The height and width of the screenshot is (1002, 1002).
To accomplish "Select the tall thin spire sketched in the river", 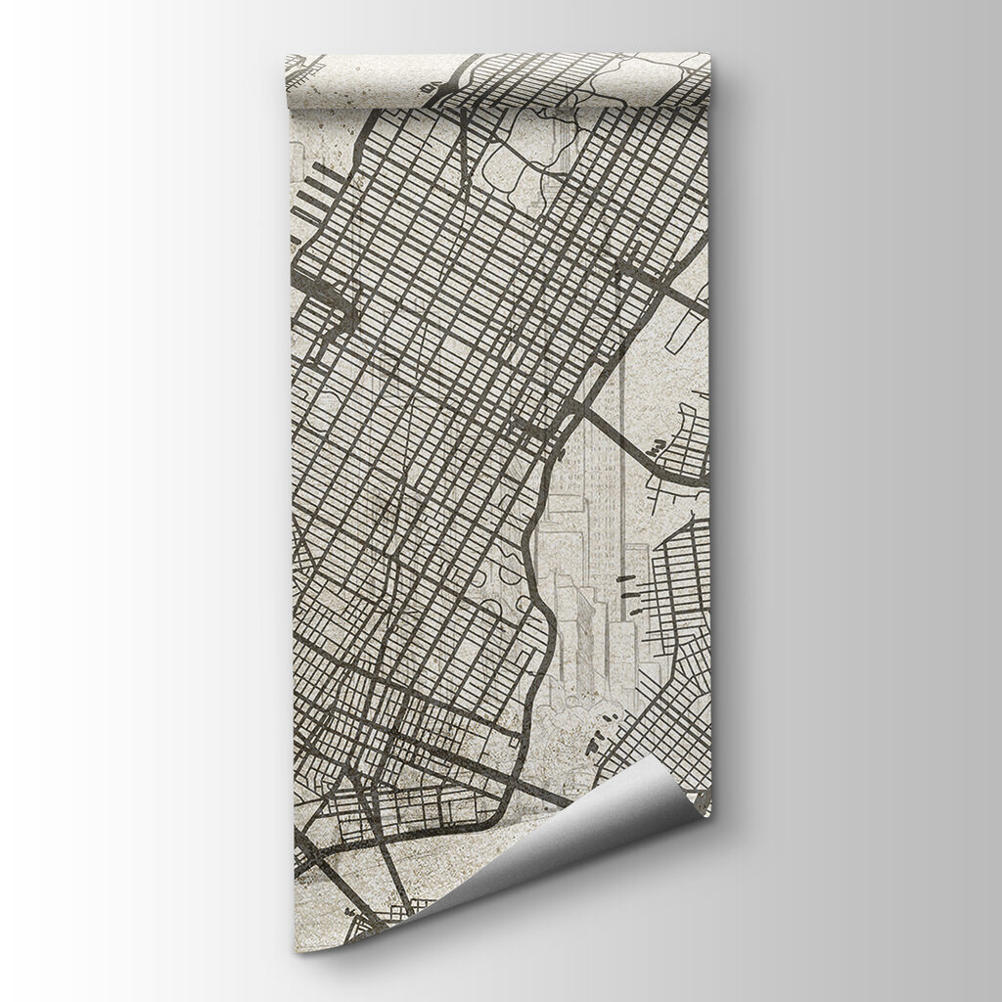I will pyautogui.click(x=622, y=489).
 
